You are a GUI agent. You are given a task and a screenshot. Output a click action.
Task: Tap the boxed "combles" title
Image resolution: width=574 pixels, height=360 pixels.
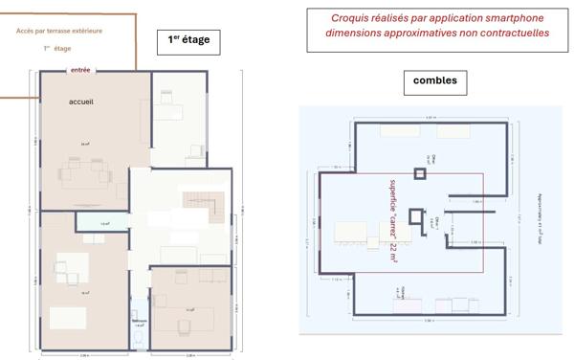click(434, 81)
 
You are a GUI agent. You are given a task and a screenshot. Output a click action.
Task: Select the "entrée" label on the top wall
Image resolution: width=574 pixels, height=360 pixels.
click(81, 70)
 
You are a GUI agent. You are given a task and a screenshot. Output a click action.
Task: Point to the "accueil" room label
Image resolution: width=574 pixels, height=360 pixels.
click(81, 101)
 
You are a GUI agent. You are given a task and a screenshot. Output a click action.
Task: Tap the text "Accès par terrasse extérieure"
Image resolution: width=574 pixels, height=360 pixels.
click(59, 31)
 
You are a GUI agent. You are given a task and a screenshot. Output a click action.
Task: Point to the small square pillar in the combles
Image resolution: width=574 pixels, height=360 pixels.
click(419, 173)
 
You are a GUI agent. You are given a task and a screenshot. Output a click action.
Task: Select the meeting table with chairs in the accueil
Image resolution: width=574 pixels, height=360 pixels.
click(85, 173)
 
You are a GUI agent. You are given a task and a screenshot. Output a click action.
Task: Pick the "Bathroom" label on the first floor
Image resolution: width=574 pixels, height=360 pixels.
click(140, 326)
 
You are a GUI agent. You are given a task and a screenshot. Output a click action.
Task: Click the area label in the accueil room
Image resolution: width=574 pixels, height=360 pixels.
click(85, 145)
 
